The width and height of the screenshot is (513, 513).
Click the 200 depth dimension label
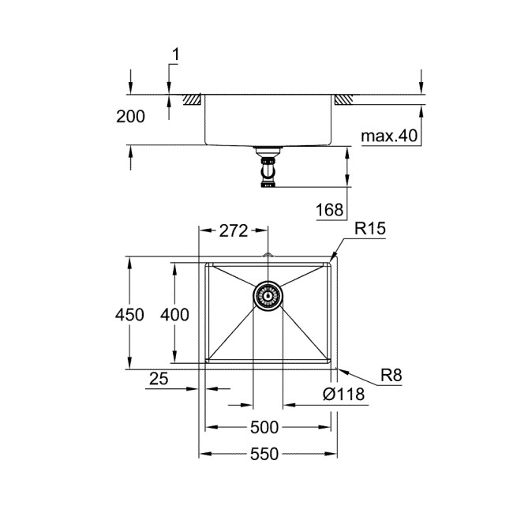[130, 117]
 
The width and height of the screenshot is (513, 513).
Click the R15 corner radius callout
[369, 230]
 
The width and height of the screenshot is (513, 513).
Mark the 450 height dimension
[130, 315]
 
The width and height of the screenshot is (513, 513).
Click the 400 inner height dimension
[174, 315]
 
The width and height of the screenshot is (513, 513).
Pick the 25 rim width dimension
[159, 380]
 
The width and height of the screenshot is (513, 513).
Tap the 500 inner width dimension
[264, 428]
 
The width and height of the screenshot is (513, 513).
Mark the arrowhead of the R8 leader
[339, 367]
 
